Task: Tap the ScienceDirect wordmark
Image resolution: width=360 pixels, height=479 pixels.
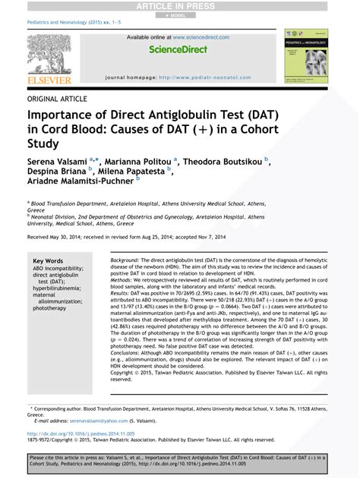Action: [179, 50]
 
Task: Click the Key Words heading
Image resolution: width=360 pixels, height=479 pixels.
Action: [49, 260]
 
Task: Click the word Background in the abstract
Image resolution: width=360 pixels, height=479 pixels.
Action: [125, 260]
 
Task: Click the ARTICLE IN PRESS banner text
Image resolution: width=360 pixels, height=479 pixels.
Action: [179, 6]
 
